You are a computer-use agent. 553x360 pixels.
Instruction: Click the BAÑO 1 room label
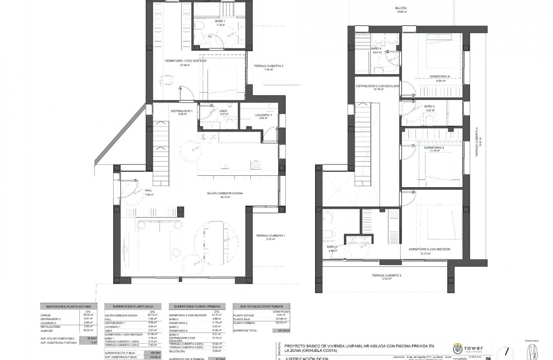pos(220,21)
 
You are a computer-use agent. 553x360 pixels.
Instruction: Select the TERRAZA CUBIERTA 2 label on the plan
pos(268,66)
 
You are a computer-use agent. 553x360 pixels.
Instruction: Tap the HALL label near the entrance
pos(149,191)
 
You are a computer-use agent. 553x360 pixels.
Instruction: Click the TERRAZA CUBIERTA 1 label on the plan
pos(270,236)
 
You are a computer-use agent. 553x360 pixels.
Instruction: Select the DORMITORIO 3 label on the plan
pos(434,147)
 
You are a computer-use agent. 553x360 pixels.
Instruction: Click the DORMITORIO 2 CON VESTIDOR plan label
pos(429,249)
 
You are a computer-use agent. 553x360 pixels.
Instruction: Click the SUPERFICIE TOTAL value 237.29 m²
pos(281,331)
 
